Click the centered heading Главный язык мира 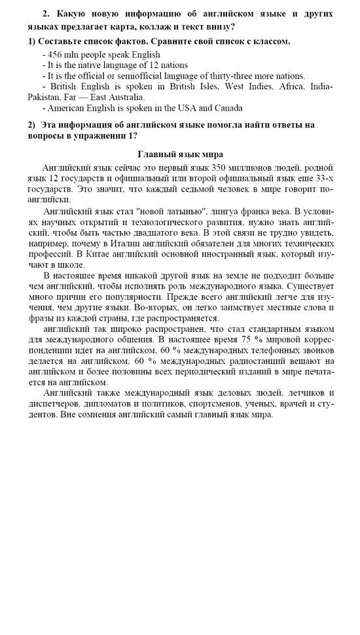point(180,154)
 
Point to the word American point(67,107)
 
